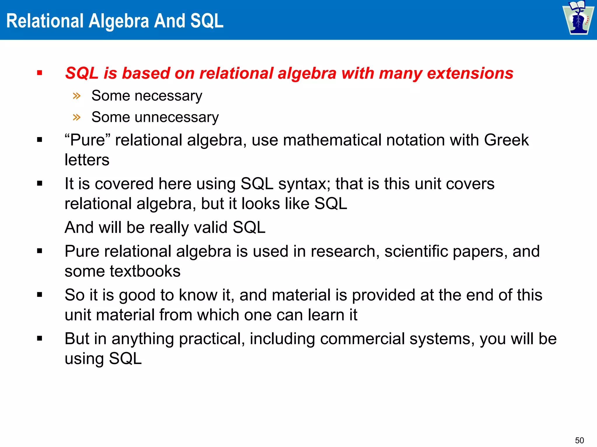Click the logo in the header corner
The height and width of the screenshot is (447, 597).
(x=578, y=18)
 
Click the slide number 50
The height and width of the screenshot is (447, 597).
(x=580, y=440)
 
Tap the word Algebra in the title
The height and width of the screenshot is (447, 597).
(x=119, y=21)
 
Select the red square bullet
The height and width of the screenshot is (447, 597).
(x=40, y=73)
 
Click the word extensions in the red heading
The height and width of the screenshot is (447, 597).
(x=470, y=73)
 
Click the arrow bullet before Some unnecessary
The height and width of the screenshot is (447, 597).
(x=77, y=117)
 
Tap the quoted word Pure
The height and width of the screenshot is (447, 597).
(x=87, y=140)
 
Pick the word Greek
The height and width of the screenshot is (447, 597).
(x=506, y=140)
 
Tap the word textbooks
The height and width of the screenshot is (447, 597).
(x=145, y=271)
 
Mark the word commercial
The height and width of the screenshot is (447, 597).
(x=362, y=339)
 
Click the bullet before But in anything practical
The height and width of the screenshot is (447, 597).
(x=40, y=338)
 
